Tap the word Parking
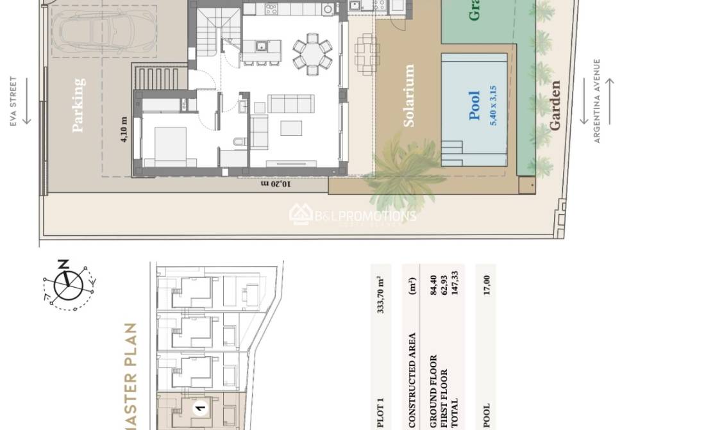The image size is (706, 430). pyautogui.click(x=78, y=105)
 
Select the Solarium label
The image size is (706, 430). pyautogui.click(x=408, y=95)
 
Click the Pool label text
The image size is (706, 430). pyautogui.click(x=475, y=106)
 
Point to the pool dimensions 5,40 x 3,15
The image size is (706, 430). pyautogui.click(x=492, y=106)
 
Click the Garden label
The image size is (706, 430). pyautogui.click(x=555, y=105)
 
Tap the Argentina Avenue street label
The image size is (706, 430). pyautogui.click(x=597, y=101)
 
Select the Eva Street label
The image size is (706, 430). pyautogui.click(x=13, y=101)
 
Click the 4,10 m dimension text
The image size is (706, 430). pyautogui.click(x=124, y=128)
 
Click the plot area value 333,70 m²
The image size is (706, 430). pyautogui.click(x=380, y=294)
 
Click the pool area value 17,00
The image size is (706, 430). pyautogui.click(x=486, y=285)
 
